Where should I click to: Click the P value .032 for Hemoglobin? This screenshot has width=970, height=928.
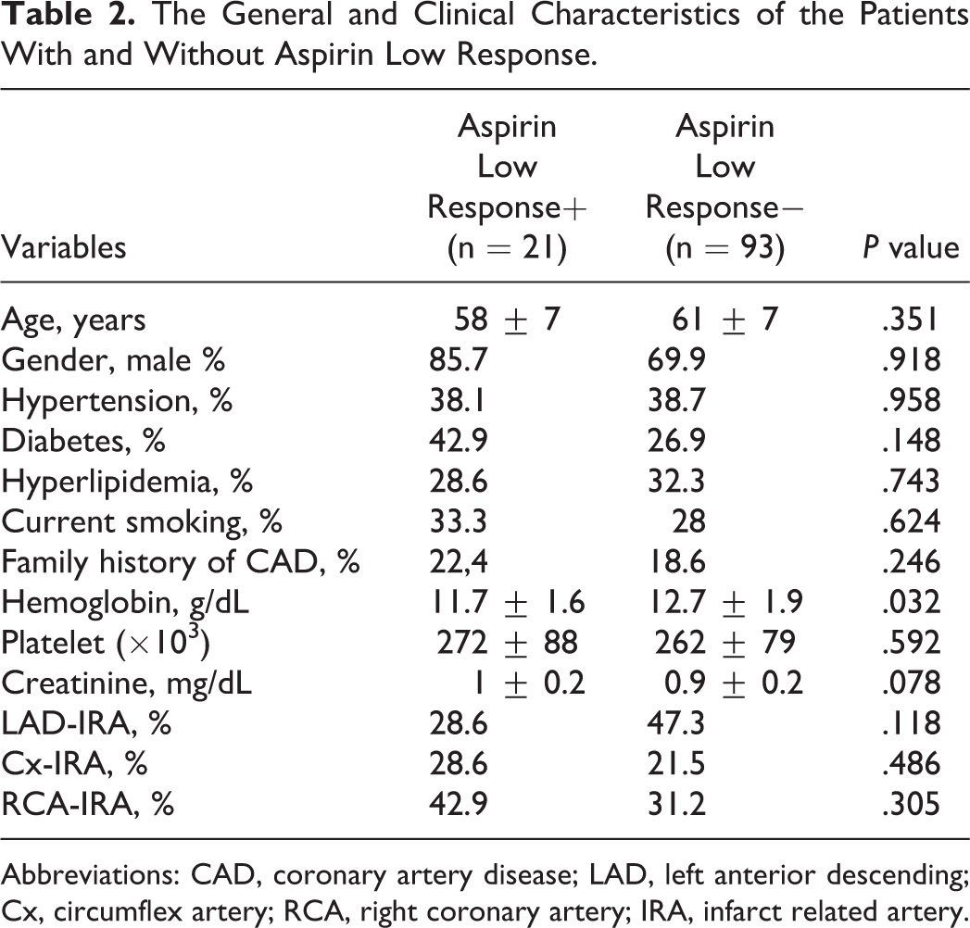pyautogui.click(x=912, y=602)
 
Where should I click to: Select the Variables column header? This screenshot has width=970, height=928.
pyautogui.click(x=63, y=247)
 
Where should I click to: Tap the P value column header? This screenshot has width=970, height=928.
pyautogui.click(x=912, y=247)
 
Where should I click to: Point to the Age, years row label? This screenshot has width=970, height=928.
pyautogui.click(x=73, y=320)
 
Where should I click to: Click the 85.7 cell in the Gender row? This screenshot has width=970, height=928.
pyautogui.click(x=459, y=360)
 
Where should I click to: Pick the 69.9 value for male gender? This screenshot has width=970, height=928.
pyautogui.click(x=676, y=360)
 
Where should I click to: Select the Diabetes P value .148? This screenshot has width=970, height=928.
pyautogui.click(x=912, y=440)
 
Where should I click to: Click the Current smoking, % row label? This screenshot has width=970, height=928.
pyautogui.click(x=141, y=521)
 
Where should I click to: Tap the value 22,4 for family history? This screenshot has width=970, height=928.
pyautogui.click(x=459, y=561)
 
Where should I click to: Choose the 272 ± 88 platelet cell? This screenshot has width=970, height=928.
pyautogui.click(x=508, y=642)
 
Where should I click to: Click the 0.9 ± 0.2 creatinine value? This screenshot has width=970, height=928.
pyautogui.click(x=733, y=683)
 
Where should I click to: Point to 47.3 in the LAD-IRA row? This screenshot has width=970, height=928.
pyautogui.click(x=676, y=722)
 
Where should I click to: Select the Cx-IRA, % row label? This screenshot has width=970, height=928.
pyautogui.click(x=74, y=763)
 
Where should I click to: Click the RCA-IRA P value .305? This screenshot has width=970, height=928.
pyautogui.click(x=912, y=803)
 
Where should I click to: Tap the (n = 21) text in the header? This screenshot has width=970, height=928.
pyautogui.click(x=508, y=248)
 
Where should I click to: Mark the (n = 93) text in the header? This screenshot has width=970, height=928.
pyautogui.click(x=725, y=248)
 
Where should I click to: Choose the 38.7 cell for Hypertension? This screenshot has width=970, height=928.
pyautogui.click(x=676, y=400)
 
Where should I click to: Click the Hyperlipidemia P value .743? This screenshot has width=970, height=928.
pyautogui.click(x=912, y=481)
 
